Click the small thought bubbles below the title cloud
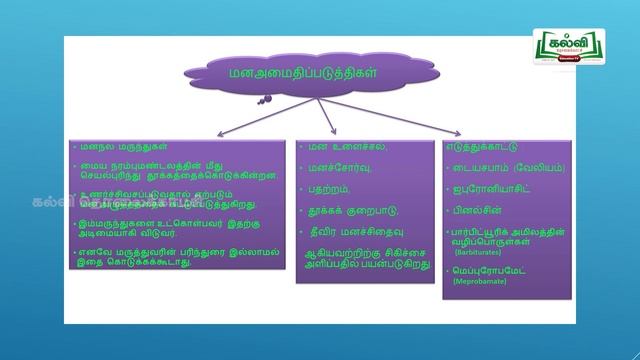click(266, 99)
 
